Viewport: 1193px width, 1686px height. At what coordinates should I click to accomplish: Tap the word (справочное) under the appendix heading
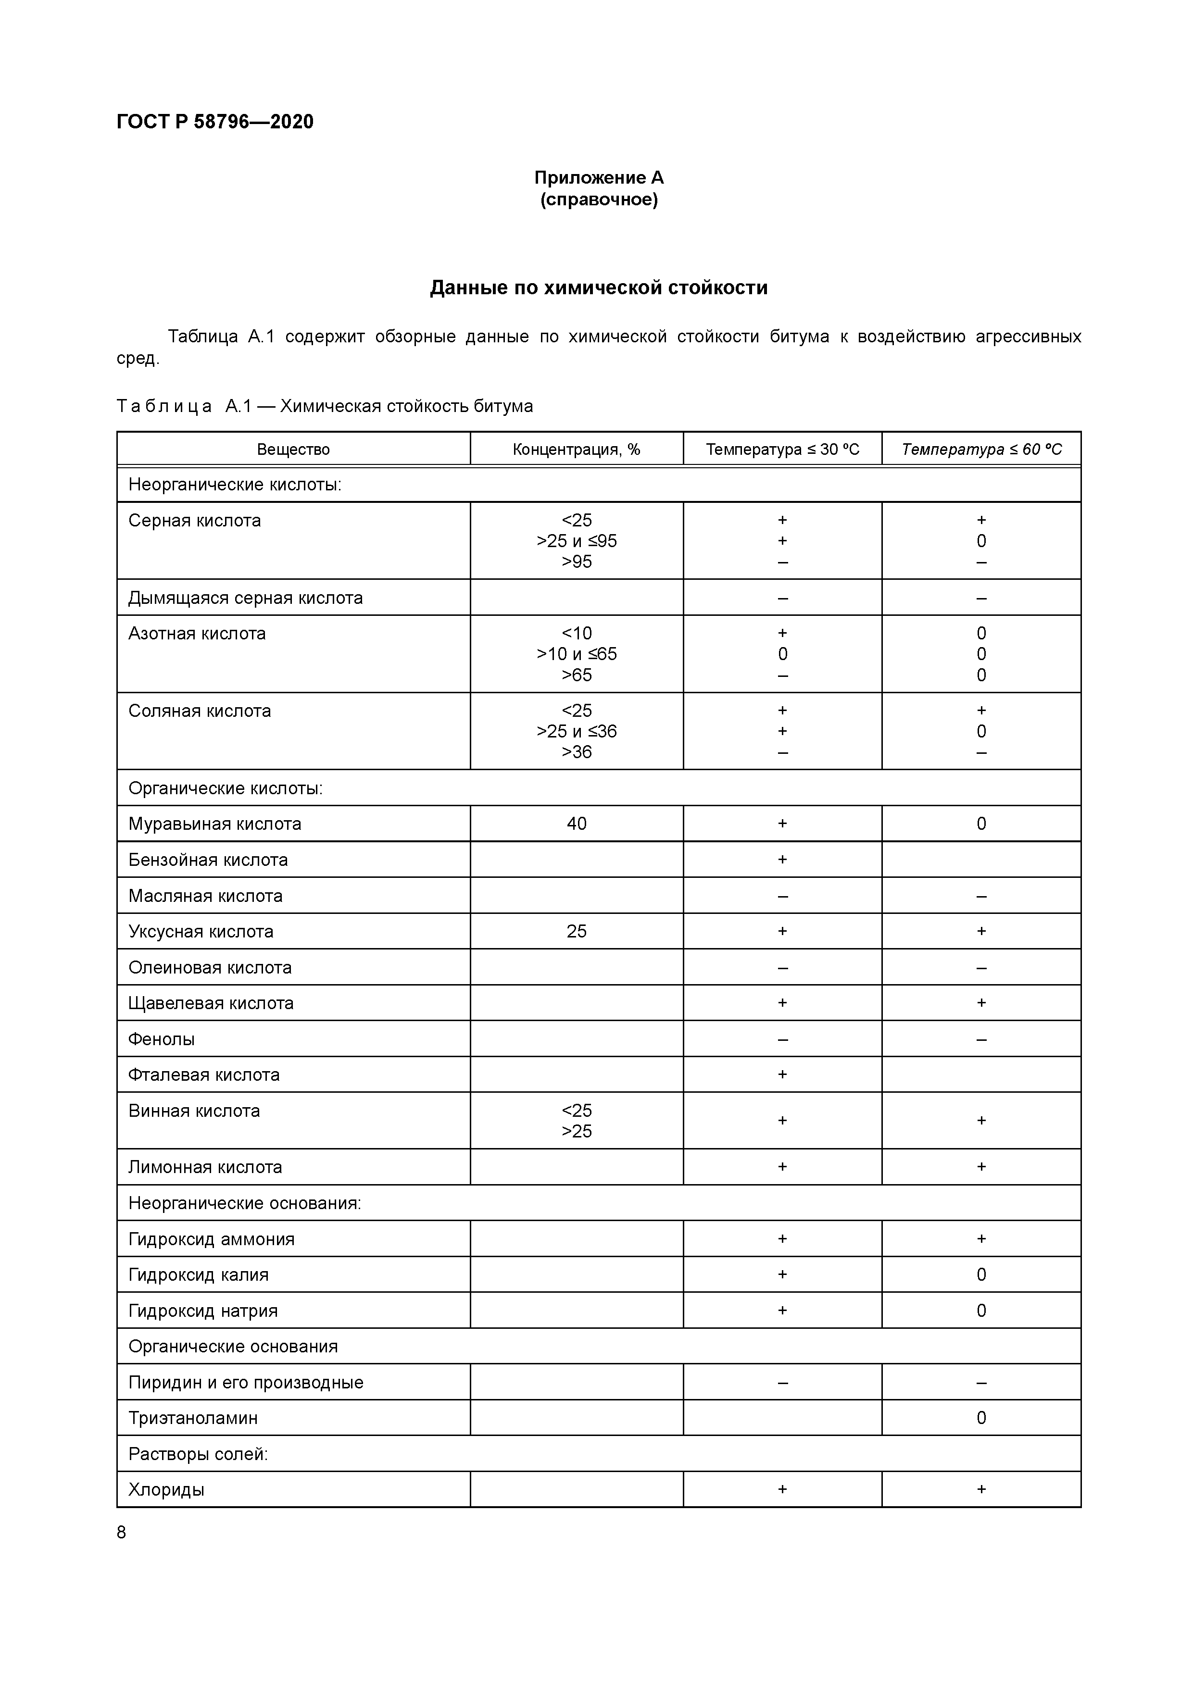click(x=598, y=200)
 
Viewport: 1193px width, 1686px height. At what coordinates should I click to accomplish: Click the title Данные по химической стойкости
click(x=598, y=288)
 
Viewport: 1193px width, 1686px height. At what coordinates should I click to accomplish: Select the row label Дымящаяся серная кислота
click(x=245, y=598)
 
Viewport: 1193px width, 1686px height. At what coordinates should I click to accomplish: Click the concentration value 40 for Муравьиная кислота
click(x=576, y=824)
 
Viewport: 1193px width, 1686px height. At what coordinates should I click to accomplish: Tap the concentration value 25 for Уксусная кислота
click(x=576, y=931)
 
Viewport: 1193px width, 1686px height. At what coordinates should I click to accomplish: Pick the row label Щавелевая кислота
click(x=211, y=1003)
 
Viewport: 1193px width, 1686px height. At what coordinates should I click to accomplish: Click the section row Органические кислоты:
click(x=226, y=788)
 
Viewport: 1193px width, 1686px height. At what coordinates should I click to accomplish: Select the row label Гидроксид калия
click(x=198, y=1275)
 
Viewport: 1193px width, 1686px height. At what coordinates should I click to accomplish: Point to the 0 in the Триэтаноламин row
click(x=980, y=1418)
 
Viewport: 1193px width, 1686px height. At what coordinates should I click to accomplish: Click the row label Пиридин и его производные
click(x=245, y=1383)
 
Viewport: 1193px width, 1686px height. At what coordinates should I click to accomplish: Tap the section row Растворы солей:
click(x=198, y=1454)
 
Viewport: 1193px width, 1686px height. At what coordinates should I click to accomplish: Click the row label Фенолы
click(x=162, y=1039)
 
